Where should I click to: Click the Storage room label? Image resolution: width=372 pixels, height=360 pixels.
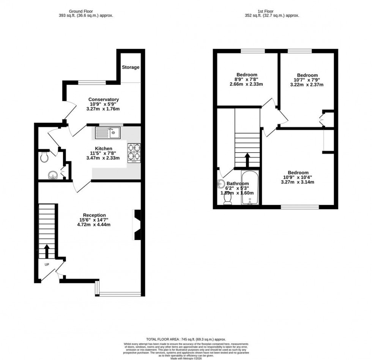pos(131,67)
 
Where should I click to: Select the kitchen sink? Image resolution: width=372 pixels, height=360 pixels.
pos(108,133)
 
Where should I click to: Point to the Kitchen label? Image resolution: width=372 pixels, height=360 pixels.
pos(103,148)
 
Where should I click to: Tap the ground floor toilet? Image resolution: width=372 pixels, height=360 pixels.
pos(44,157)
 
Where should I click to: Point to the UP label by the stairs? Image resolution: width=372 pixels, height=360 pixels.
pos(47,264)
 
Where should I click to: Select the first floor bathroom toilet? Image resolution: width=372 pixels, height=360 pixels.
pos(228,202)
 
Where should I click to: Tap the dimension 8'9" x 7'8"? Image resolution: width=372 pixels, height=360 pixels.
pos(247,79)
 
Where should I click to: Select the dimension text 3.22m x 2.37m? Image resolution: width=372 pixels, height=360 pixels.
pos(307,85)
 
